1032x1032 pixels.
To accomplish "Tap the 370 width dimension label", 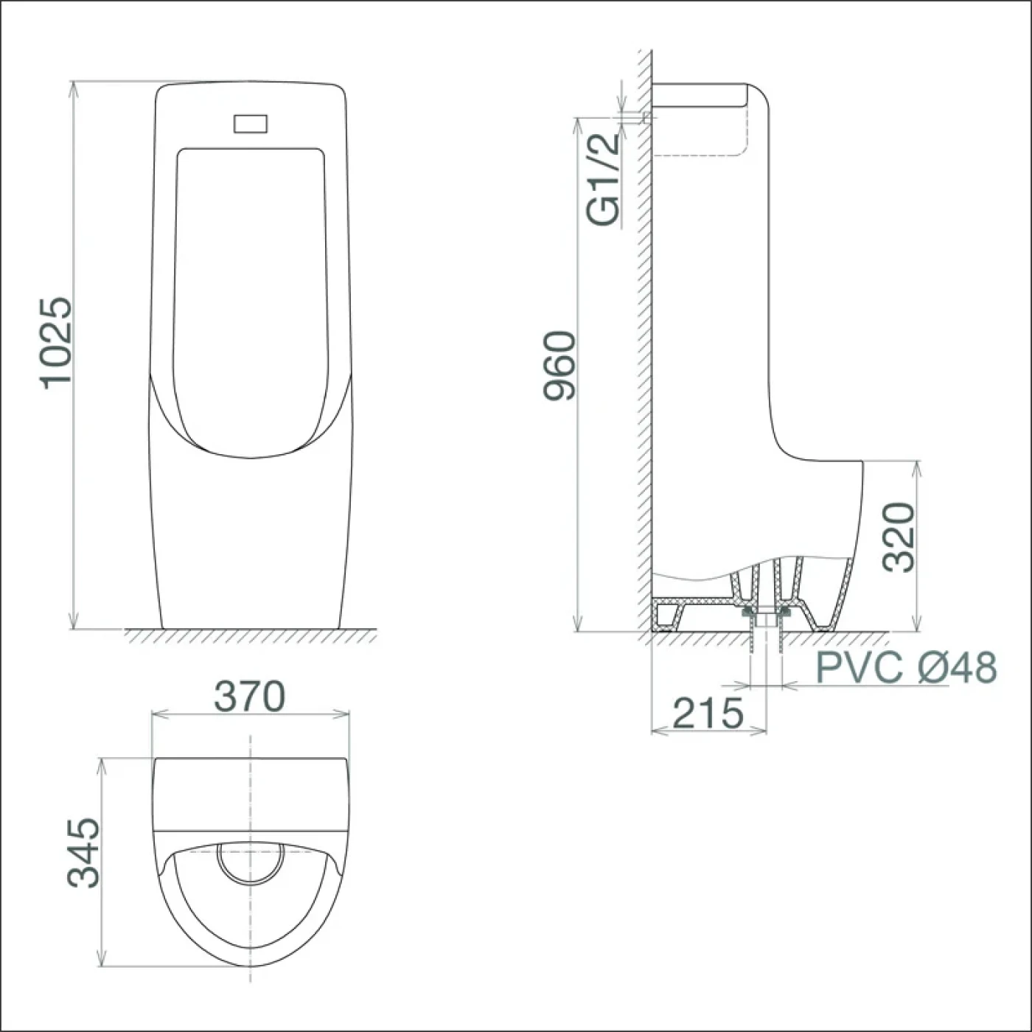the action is [250, 697].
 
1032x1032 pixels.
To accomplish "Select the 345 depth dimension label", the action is [83, 861].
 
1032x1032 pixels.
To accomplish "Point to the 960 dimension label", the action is [559, 365].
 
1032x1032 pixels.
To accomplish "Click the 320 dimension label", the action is [898, 537].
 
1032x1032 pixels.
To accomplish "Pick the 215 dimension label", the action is [708, 713].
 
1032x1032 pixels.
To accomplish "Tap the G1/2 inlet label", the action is [604, 181].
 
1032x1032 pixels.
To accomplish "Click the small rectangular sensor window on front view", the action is [250, 124].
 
